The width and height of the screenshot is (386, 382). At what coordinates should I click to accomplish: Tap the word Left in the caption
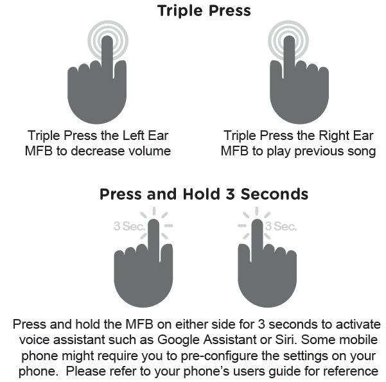click(x=135, y=136)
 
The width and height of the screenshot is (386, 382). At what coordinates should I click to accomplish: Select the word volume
click(x=148, y=152)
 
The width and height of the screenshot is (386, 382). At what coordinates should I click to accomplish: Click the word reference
click(x=349, y=371)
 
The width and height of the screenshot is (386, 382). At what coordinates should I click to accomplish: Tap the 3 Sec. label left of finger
click(x=126, y=226)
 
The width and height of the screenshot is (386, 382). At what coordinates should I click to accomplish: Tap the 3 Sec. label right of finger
click(x=281, y=226)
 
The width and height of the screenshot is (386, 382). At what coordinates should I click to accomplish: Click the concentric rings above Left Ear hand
click(x=107, y=38)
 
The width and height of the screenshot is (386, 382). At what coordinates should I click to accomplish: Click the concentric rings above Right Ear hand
click(x=288, y=38)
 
